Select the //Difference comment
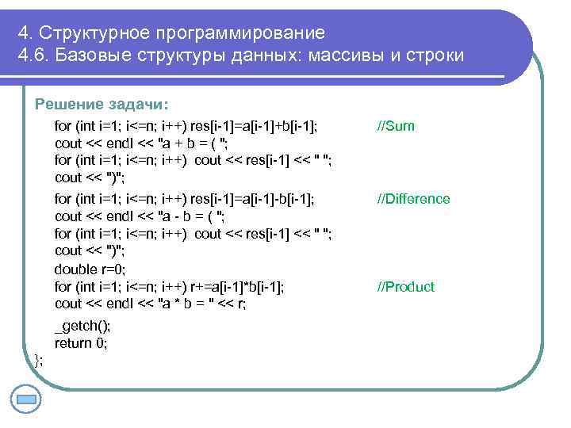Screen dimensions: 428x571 (x=412, y=199)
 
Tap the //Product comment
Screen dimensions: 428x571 (x=405, y=287)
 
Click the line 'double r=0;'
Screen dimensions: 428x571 (x=90, y=269)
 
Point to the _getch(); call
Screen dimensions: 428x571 (x=82, y=326)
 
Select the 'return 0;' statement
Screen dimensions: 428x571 (x=81, y=343)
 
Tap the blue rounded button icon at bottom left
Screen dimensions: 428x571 (x=25, y=399)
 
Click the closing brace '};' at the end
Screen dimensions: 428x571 (x=39, y=360)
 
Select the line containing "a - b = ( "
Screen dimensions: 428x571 (x=140, y=216)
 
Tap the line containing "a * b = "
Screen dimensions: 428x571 (x=150, y=304)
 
